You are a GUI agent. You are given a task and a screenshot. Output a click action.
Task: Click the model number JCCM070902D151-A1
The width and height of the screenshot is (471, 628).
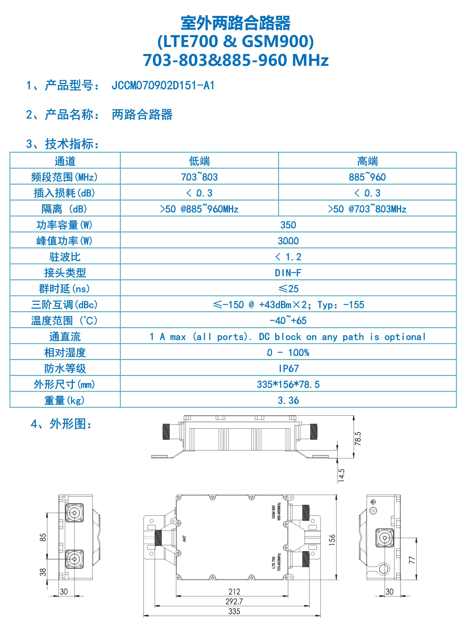pyautogui.click(x=163, y=85)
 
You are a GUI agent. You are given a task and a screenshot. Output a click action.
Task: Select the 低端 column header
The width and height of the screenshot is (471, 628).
pyautogui.click(x=199, y=161)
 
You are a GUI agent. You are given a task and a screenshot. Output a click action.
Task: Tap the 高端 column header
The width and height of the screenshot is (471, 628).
pyautogui.click(x=367, y=161)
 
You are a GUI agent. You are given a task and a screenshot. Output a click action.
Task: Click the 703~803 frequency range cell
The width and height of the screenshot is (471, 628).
pyautogui.click(x=199, y=177)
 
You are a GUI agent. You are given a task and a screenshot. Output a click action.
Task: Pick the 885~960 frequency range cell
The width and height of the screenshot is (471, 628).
pyautogui.click(x=367, y=177)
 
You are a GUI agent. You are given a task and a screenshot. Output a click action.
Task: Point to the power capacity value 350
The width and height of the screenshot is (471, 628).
pyautogui.click(x=288, y=225)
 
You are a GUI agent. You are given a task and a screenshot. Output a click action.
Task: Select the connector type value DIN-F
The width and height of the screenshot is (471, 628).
pyautogui.click(x=288, y=273)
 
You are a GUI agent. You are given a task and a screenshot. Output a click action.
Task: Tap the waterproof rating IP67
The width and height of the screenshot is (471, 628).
pyautogui.click(x=288, y=369)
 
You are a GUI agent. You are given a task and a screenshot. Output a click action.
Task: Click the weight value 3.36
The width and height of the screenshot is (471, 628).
pyautogui.click(x=288, y=400)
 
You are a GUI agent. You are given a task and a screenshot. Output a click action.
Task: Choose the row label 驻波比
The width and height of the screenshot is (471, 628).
pyautogui.click(x=65, y=257)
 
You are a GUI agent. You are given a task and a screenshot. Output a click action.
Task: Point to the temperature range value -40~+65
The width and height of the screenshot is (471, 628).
pyautogui.click(x=288, y=321)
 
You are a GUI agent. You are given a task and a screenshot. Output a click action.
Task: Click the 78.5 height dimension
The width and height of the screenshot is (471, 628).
pyautogui.click(x=358, y=439)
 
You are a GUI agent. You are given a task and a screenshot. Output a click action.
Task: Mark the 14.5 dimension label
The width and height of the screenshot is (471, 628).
pyautogui.click(x=341, y=475)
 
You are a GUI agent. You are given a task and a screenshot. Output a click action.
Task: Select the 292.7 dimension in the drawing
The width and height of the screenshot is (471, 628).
pyautogui.click(x=234, y=601)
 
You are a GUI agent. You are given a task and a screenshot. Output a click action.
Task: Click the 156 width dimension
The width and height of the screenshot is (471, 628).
pyautogui.click(x=332, y=539)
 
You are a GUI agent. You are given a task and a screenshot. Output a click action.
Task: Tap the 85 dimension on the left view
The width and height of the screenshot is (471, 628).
pyautogui.click(x=43, y=537)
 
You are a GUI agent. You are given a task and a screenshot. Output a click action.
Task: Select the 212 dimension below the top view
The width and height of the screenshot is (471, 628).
pyautogui.click(x=234, y=591)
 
